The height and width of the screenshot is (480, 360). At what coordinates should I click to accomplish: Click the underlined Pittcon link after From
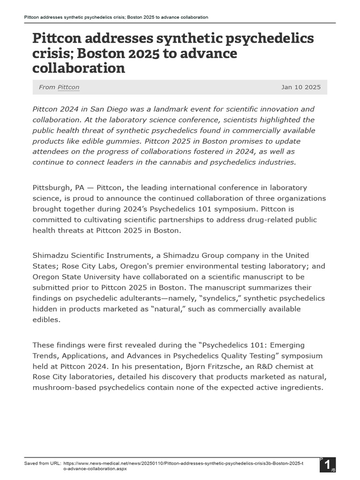pos(68,87)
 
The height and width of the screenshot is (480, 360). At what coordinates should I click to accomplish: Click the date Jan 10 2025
pos(301,87)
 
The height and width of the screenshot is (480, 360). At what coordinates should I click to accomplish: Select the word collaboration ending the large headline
pos(78,68)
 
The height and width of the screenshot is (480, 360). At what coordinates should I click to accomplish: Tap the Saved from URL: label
pos(43,463)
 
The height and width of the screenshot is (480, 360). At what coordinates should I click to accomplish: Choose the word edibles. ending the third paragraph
pos(47,320)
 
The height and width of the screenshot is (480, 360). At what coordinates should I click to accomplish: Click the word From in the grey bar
pos(47,87)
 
